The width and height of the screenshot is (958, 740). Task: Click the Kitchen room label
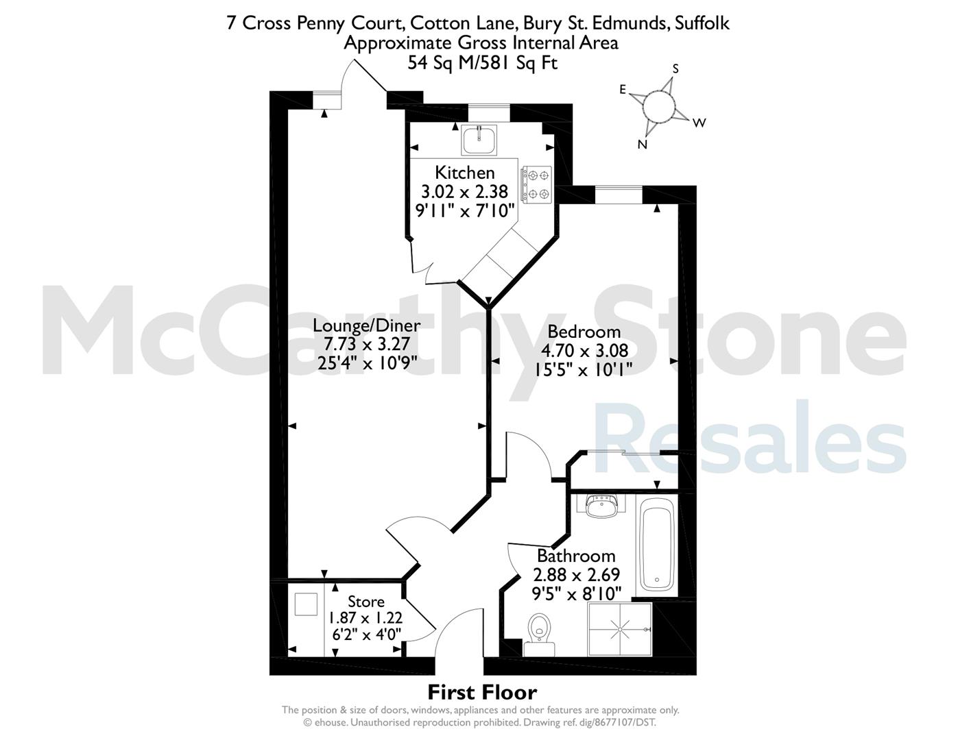pyautogui.click(x=465, y=172)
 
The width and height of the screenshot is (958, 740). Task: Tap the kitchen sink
pyautogui.click(x=479, y=140)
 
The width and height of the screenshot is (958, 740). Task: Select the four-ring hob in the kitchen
pyautogui.click(x=537, y=184)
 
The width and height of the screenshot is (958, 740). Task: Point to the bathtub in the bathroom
pyautogui.click(x=656, y=546)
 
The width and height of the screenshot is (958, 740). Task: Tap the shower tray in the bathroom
pyautogui.click(x=620, y=630)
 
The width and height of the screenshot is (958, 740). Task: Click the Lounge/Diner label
pyautogui.click(x=366, y=325)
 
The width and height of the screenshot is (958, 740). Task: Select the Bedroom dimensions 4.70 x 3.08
pyautogui.click(x=584, y=351)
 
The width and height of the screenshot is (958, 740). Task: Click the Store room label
pyautogui.click(x=366, y=602)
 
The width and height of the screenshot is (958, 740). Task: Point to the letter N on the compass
pyautogui.click(x=643, y=145)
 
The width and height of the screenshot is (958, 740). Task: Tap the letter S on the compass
pyautogui.click(x=675, y=69)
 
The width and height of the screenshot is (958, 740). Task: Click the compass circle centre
pyautogui.click(x=658, y=106)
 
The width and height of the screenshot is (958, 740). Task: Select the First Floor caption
pyautogui.click(x=482, y=693)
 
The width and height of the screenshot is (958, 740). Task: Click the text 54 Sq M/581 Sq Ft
pyautogui.click(x=482, y=63)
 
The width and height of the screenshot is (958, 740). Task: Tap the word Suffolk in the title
pyautogui.click(x=702, y=23)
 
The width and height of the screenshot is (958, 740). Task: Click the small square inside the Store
pyautogui.click(x=306, y=604)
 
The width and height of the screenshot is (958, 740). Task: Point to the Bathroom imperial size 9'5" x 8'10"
pyautogui.click(x=577, y=594)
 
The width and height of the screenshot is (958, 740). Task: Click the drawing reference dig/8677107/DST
pyautogui.click(x=617, y=722)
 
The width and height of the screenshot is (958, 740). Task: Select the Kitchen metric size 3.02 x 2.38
pyautogui.click(x=465, y=192)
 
